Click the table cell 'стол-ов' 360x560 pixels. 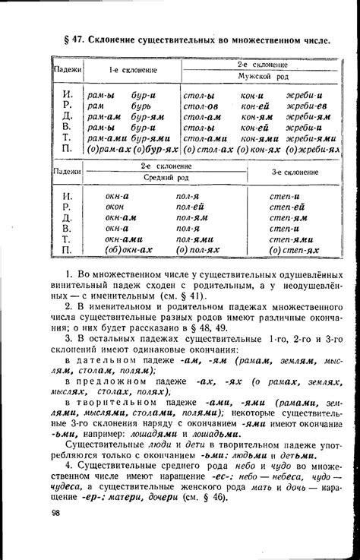[201, 106]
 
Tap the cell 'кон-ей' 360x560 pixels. [256, 106]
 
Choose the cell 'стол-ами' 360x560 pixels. [203, 140]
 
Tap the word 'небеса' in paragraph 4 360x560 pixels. [264, 472]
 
